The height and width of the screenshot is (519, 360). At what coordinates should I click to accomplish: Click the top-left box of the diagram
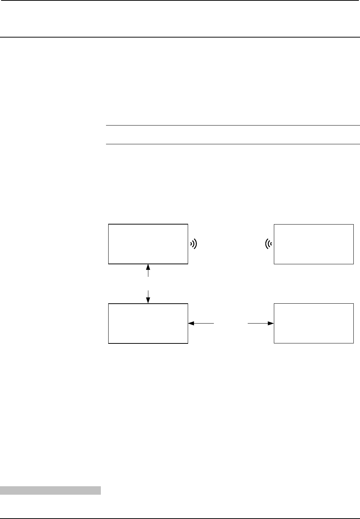[148, 244]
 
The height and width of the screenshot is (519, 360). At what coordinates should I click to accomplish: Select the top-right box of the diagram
[314, 244]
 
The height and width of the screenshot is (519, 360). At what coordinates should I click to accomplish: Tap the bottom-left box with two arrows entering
[148, 324]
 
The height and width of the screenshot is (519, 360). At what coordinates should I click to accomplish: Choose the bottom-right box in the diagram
[314, 324]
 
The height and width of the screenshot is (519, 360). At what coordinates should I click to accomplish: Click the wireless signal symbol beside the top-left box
[194, 243]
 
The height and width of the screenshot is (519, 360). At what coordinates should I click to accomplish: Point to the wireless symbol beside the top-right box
[269, 243]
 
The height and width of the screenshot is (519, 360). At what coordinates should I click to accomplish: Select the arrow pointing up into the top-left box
[148, 271]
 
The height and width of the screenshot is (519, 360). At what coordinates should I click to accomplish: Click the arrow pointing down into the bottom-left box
[148, 297]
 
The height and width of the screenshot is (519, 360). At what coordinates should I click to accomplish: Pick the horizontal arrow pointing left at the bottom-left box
[201, 324]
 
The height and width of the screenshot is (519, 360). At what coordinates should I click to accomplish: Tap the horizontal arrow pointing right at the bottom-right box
[261, 324]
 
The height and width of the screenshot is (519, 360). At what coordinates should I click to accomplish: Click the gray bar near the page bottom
[50, 490]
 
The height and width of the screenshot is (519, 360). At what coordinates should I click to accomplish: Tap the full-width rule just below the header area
[180, 37]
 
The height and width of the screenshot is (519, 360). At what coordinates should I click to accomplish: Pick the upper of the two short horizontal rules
[233, 126]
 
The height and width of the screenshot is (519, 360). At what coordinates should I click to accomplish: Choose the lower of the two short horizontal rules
[233, 144]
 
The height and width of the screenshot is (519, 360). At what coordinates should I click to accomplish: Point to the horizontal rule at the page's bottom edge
[180, 518]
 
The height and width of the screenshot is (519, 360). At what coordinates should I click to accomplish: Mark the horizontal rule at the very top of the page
[180, 0]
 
